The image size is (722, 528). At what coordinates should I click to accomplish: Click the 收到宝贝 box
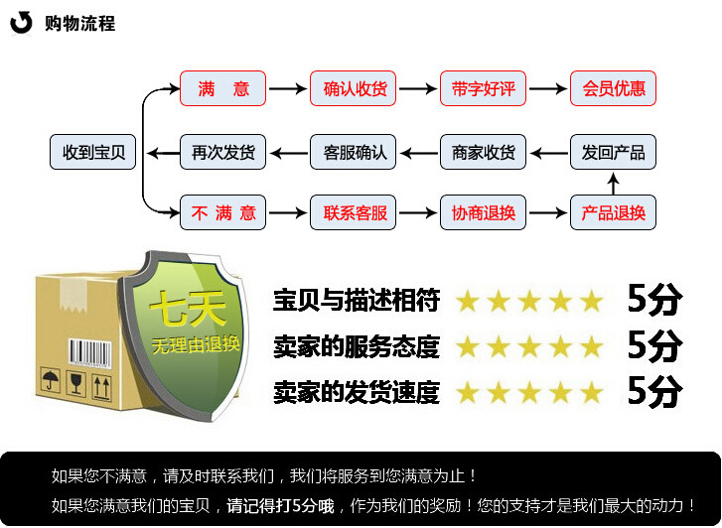(x=92, y=152)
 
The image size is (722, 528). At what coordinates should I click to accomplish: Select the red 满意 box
(x=222, y=89)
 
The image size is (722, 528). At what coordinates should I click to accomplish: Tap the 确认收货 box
(x=353, y=89)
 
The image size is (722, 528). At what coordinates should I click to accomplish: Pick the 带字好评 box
(x=483, y=89)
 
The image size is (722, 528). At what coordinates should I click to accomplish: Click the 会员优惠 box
(x=613, y=89)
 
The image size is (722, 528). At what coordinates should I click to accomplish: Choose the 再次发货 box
(x=222, y=152)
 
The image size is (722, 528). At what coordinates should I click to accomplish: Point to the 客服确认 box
(x=353, y=152)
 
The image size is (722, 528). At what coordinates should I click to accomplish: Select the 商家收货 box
(x=483, y=152)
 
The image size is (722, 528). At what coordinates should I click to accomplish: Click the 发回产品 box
(x=613, y=152)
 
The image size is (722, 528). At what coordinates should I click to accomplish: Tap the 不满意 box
(x=222, y=212)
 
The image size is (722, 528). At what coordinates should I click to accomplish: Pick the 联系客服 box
(x=353, y=212)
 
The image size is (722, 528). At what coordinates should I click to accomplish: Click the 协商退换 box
(x=483, y=212)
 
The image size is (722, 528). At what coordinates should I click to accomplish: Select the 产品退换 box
(x=613, y=212)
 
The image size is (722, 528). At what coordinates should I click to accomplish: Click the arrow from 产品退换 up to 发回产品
(x=613, y=183)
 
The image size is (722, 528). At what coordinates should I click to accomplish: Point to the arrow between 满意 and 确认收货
(x=287, y=89)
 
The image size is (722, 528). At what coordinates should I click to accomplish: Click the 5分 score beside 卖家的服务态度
(x=654, y=345)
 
